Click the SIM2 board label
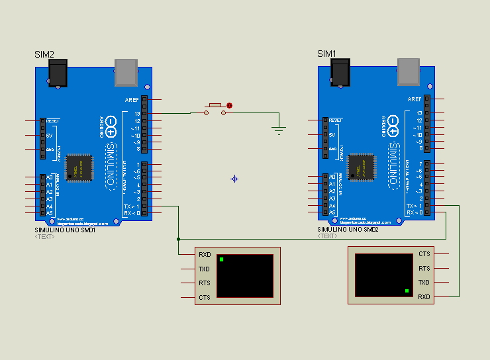(x=44, y=54)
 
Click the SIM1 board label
(x=327, y=54)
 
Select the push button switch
(x=215, y=109)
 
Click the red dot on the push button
(x=230, y=105)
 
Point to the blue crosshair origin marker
(x=234, y=179)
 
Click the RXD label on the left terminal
(x=205, y=255)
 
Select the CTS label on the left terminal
(x=205, y=298)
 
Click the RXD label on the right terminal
(x=424, y=297)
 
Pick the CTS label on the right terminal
(x=424, y=254)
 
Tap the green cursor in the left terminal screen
(x=221, y=259)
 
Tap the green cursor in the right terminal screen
(x=407, y=291)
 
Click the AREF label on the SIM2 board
(x=132, y=99)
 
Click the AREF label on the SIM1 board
(x=415, y=99)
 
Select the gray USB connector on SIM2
(x=126, y=72)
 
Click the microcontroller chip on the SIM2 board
(x=79, y=165)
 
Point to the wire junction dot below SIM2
(x=178, y=239)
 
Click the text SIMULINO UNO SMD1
(x=65, y=230)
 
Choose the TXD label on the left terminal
(x=205, y=269)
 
